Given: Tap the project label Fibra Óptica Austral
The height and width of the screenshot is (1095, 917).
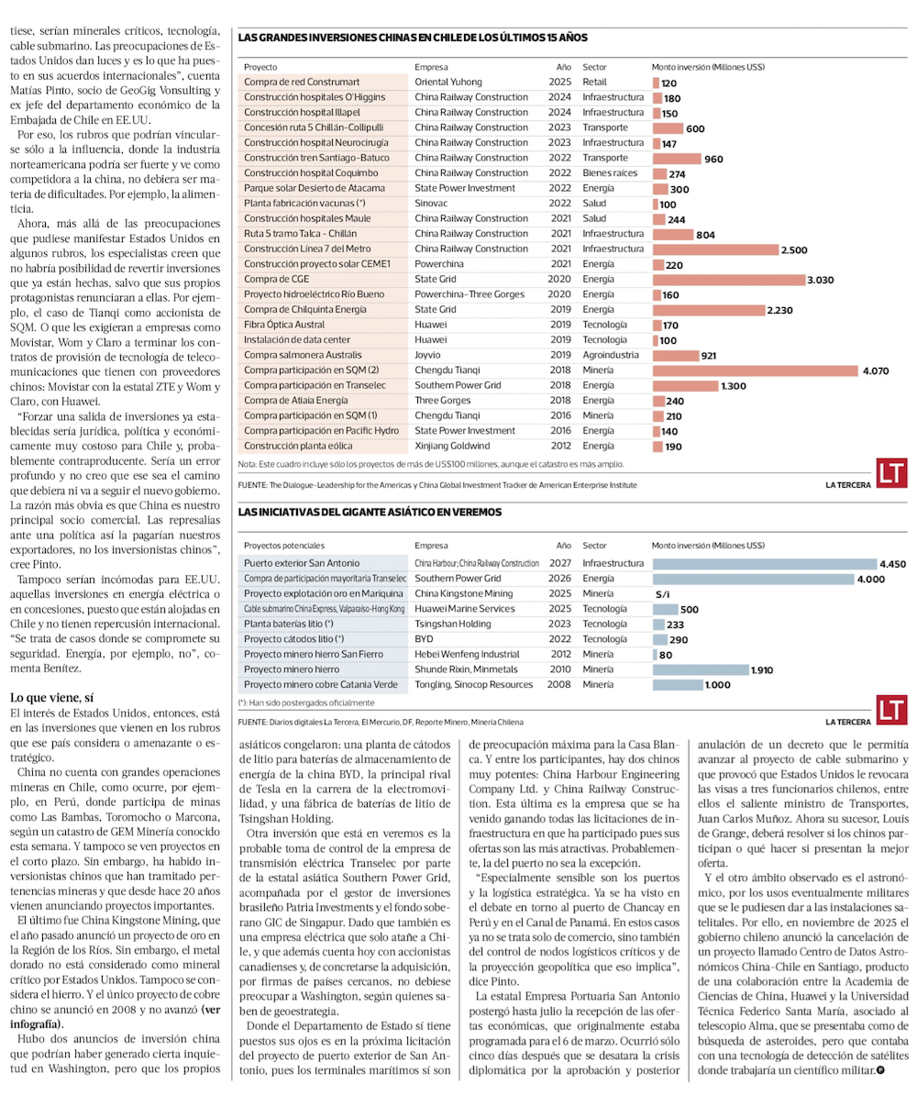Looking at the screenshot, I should (x=286, y=325).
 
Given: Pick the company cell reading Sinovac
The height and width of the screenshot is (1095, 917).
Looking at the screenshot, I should (x=434, y=204).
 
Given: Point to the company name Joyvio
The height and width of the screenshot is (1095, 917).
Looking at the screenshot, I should (x=430, y=355).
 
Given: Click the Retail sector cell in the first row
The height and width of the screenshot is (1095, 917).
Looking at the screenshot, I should (x=594, y=83).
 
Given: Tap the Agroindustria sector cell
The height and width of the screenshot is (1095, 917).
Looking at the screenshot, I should (x=613, y=355).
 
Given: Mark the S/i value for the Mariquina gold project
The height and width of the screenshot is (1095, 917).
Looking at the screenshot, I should (x=662, y=594).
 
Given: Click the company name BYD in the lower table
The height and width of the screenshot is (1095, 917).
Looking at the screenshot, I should (x=425, y=639).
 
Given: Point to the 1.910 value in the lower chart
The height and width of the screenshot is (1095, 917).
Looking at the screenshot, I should (x=763, y=670).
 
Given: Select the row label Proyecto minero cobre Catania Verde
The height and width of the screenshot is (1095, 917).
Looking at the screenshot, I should (x=320, y=685).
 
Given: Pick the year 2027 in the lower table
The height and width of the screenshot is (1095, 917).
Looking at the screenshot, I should (x=559, y=563).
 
